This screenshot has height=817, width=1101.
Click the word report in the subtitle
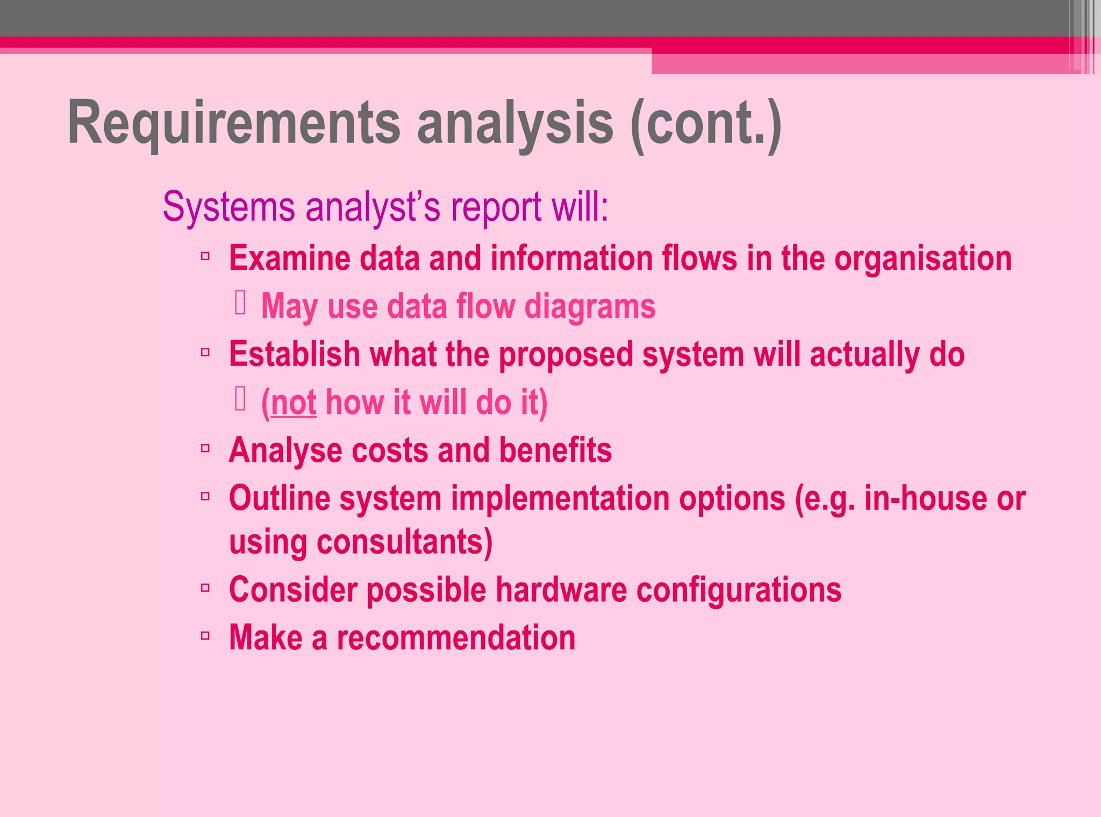coord(496,207)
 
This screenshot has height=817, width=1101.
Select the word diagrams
coord(590,307)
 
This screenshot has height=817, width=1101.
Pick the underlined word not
coord(294,403)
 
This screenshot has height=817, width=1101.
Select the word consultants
coord(404,542)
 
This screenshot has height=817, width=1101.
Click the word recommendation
coord(456,638)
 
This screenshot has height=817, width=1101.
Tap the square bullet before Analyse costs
coord(205,448)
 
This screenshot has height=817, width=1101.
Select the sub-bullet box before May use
coord(240,303)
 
